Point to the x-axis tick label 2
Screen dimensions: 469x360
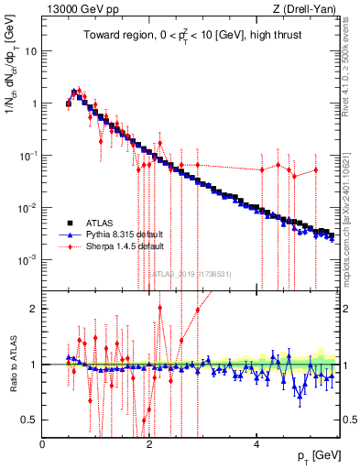click(x=149, y=445)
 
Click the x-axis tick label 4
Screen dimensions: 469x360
click(x=256, y=445)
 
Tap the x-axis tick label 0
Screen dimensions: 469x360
click(x=43, y=445)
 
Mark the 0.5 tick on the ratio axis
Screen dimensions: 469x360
click(x=30, y=420)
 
